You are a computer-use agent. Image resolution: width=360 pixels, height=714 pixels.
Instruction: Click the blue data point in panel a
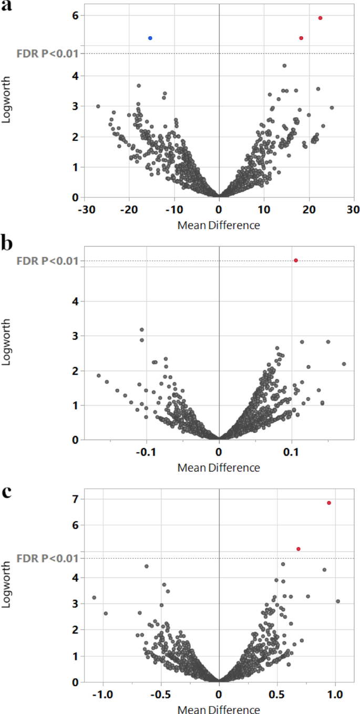click(150, 38)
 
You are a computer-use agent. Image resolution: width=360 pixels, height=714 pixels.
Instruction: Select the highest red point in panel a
click(320, 18)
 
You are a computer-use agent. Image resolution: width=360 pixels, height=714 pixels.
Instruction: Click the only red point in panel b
click(296, 260)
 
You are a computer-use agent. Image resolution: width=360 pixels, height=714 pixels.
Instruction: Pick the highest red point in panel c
click(329, 503)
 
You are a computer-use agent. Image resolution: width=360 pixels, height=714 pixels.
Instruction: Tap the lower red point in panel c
click(298, 549)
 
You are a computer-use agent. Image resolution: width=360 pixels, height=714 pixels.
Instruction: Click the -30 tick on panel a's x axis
click(85, 209)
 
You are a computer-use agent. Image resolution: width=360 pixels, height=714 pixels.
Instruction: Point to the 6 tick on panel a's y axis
click(75, 16)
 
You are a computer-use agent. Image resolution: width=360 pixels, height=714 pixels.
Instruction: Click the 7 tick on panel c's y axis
click(75, 499)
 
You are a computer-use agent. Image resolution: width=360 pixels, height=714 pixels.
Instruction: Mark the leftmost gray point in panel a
click(98, 106)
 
